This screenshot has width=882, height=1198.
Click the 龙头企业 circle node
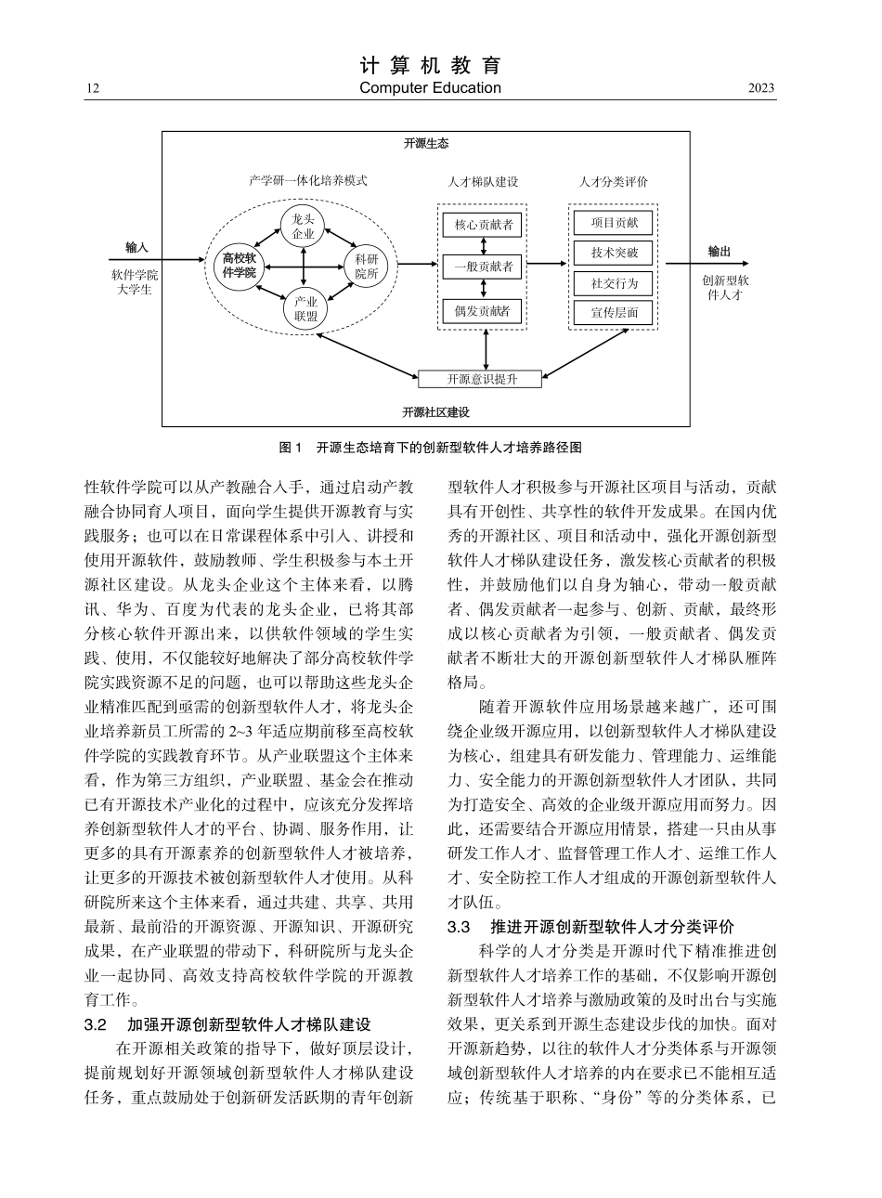(x=304, y=226)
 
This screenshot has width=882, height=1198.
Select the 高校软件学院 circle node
(x=239, y=266)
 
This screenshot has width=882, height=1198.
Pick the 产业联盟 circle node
(x=305, y=308)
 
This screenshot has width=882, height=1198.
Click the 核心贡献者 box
(x=483, y=225)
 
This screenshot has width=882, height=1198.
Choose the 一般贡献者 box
(x=483, y=267)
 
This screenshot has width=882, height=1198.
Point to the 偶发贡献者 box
(x=483, y=310)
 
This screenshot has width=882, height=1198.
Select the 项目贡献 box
(x=614, y=223)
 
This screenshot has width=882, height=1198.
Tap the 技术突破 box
(x=614, y=253)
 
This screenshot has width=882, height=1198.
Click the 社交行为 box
(x=614, y=283)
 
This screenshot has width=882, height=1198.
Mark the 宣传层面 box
(x=614, y=313)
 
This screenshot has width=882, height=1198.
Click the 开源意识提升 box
(x=480, y=379)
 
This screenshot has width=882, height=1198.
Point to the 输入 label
(x=136, y=248)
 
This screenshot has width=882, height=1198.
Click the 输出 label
(x=720, y=251)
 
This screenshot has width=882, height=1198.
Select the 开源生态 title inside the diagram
(x=426, y=144)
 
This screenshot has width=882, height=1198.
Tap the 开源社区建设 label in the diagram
(x=435, y=411)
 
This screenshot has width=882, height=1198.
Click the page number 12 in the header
(x=92, y=89)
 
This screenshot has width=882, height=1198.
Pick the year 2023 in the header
(x=760, y=89)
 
